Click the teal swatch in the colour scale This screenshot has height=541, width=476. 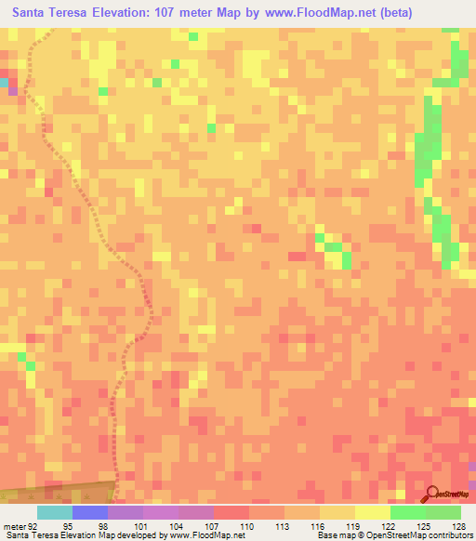54,512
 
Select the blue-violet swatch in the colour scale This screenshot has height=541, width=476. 89,512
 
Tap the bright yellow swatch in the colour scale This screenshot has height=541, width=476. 372,512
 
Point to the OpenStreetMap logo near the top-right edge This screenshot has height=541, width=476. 449,82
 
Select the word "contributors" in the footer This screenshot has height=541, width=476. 450,535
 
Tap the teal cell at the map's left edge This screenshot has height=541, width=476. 4,83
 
